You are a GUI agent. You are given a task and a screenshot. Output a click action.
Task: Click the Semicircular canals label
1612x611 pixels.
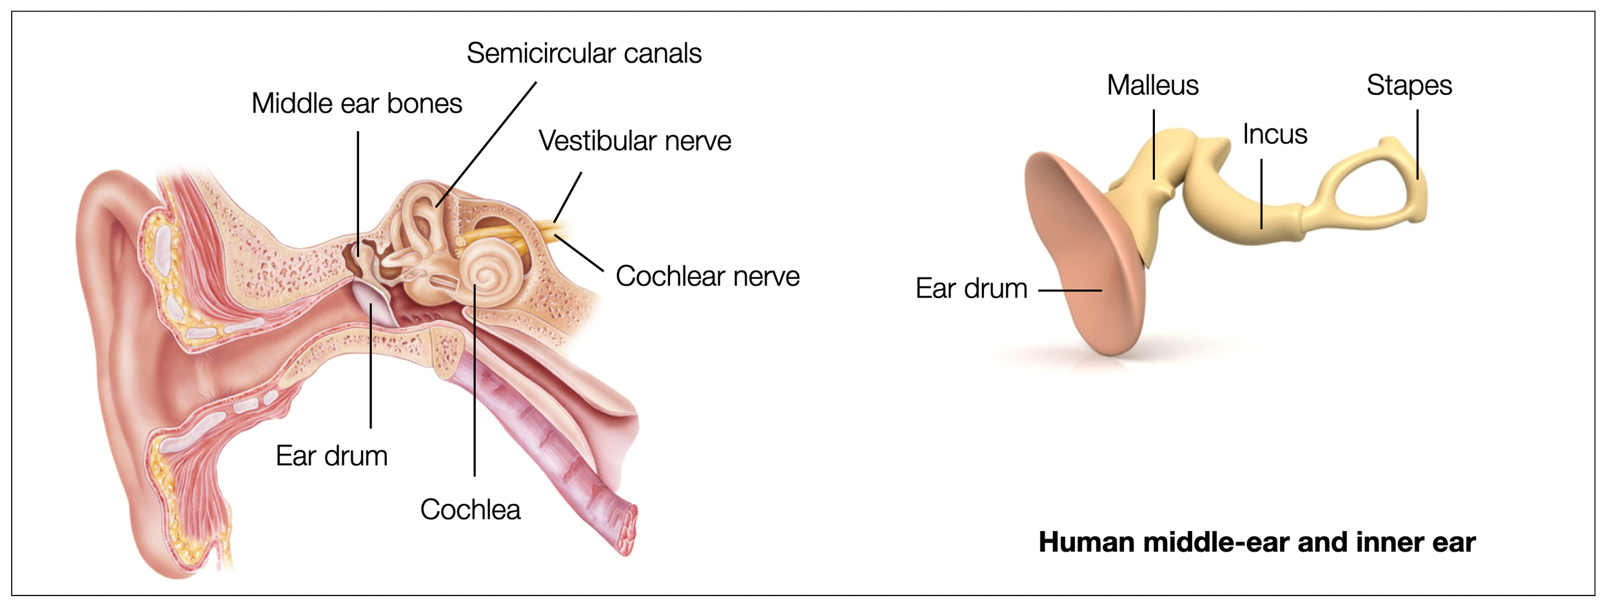[584, 54]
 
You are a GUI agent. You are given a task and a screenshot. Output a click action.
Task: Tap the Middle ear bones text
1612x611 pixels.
[357, 104]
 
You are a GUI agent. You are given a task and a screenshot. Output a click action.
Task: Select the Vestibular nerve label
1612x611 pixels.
[634, 141]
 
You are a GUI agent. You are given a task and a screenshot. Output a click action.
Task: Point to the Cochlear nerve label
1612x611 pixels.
[707, 276]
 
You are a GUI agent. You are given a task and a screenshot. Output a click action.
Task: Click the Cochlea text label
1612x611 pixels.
[470, 510]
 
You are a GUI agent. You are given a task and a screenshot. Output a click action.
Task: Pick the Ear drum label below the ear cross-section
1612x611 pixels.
[331, 456]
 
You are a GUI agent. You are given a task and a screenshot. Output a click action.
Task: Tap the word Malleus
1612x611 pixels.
[1152, 86]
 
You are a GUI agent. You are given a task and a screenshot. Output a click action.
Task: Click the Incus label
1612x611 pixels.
[1274, 135]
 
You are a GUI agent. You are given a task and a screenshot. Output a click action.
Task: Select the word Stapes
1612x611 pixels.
[1409, 86]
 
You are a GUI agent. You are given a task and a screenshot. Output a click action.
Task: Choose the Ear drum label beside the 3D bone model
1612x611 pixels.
[971, 288]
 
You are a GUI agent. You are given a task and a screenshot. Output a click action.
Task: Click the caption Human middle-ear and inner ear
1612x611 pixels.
[1257, 542]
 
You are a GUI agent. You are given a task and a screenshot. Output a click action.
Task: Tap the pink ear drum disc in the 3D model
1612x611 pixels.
[1083, 258]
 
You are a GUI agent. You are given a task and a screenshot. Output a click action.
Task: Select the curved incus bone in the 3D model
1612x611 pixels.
[1225, 206]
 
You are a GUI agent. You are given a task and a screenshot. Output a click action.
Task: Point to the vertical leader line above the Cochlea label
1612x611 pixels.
[475, 387]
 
